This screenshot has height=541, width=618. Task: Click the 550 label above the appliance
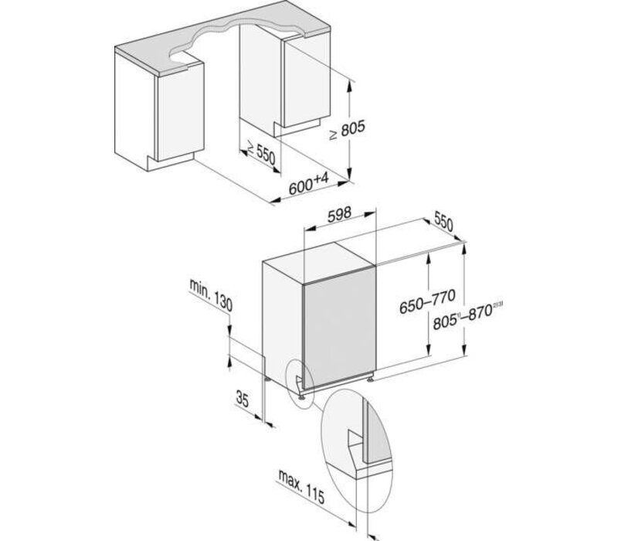point(443,223)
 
